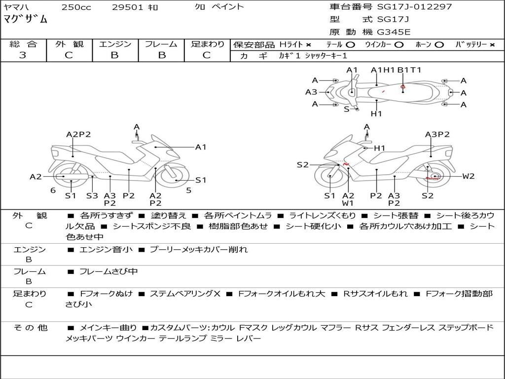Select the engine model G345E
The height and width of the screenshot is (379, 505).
click(393, 32)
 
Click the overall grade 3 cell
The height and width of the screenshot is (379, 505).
click(23, 55)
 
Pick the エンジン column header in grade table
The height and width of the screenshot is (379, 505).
click(114, 44)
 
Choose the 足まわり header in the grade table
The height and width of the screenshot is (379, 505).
click(207, 44)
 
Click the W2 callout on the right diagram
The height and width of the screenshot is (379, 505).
click(468, 176)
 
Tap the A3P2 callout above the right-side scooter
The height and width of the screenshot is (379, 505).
click(437, 134)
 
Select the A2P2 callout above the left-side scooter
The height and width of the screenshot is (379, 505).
click(78, 134)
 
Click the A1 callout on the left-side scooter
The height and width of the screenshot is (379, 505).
click(200, 147)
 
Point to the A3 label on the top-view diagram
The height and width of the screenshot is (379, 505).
click(311, 92)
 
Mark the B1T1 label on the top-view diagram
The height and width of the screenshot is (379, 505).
click(409, 70)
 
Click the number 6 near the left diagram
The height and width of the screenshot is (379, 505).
click(53, 190)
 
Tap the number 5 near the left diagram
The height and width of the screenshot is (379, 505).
click(188, 190)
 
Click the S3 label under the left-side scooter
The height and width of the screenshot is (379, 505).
click(92, 195)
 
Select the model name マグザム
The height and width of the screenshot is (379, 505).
click(26, 19)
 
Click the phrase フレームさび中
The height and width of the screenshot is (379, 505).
click(108, 271)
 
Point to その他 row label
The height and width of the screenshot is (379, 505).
click(30, 328)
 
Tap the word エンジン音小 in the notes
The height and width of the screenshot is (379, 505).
click(106, 250)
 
